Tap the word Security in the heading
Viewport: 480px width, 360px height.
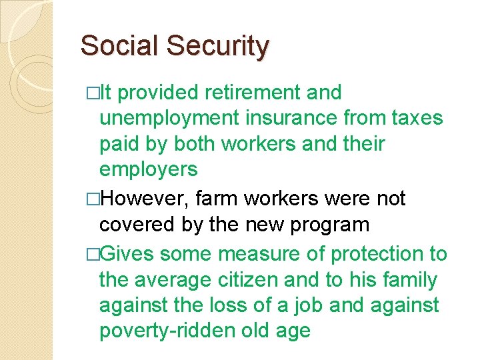[x=218, y=46]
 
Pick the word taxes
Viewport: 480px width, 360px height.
[x=414, y=118]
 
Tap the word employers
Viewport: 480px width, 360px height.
[x=148, y=169]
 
